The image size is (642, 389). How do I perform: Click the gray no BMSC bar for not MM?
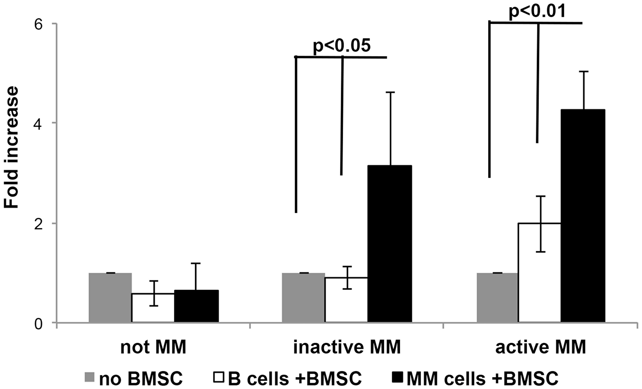coord(110,298)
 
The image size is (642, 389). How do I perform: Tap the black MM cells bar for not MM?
coord(196,306)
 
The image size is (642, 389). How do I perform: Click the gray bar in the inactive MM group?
coord(303,298)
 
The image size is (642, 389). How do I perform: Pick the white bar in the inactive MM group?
coord(346,300)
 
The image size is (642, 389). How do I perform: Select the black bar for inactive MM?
coord(390,244)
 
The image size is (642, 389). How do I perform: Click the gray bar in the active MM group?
coord(498,298)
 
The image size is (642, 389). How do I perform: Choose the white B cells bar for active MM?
coord(540,273)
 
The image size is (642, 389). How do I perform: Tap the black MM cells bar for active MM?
coord(583,216)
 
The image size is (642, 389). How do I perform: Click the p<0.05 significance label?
coord(342,46)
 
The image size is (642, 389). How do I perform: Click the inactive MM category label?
coord(347,347)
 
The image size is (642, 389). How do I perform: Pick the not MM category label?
coord(153,347)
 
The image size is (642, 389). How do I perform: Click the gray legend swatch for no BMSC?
coord(90,377)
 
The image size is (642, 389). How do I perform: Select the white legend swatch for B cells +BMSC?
coord(219,377)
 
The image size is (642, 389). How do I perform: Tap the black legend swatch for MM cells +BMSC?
coord(397,377)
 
